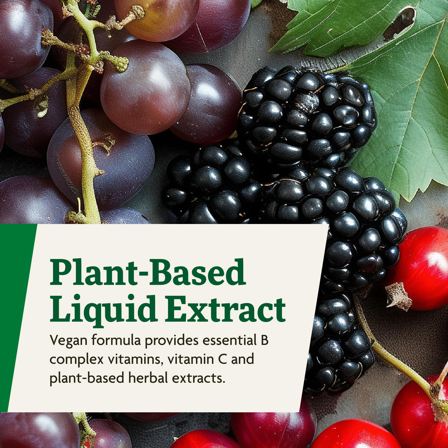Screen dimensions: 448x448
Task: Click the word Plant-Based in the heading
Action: pyautogui.click(x=148, y=272)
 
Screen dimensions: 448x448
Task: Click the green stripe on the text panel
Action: pyautogui.click(x=16, y=314)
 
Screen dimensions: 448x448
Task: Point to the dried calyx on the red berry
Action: pyautogui.click(x=398, y=296)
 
